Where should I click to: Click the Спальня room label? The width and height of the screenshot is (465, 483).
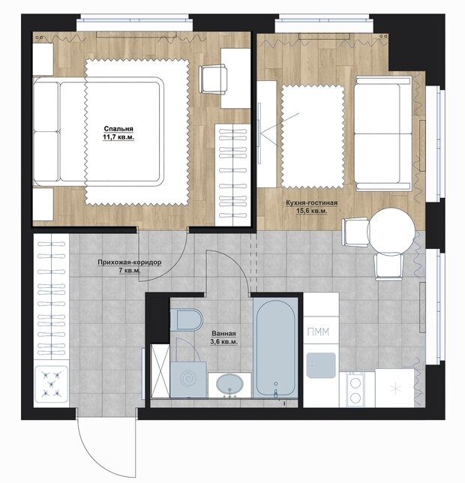click(x=118, y=129)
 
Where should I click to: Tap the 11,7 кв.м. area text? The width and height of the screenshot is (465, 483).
click(x=118, y=137)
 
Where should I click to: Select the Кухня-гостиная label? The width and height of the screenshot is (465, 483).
click(x=312, y=203)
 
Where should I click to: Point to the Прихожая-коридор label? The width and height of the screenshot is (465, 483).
click(x=130, y=262)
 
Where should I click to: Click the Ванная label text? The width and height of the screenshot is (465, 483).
click(x=224, y=334)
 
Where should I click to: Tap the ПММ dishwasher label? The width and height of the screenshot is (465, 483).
click(x=318, y=331)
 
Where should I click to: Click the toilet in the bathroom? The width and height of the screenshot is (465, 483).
click(x=186, y=319)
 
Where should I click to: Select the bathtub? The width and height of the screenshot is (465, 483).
click(x=275, y=347)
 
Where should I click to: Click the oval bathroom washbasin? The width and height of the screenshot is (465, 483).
click(x=229, y=385)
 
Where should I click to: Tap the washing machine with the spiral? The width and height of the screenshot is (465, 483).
click(x=188, y=379)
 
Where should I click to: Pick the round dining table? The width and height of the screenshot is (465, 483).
click(x=391, y=230)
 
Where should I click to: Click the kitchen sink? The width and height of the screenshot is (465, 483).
click(x=321, y=365)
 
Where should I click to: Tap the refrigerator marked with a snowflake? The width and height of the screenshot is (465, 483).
click(x=394, y=388)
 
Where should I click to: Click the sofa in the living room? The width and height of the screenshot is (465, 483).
click(x=383, y=133)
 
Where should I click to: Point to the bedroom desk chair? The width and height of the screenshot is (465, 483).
click(x=213, y=79)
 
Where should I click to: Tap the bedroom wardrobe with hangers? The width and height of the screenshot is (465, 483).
click(x=232, y=175)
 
